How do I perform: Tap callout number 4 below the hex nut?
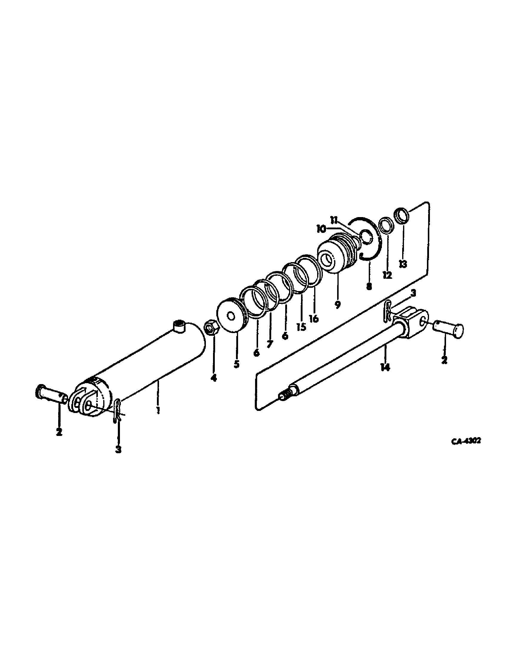(213, 378)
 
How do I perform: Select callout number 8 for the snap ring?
(369, 286)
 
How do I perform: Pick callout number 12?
(387, 275)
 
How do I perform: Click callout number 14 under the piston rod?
(385, 367)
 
